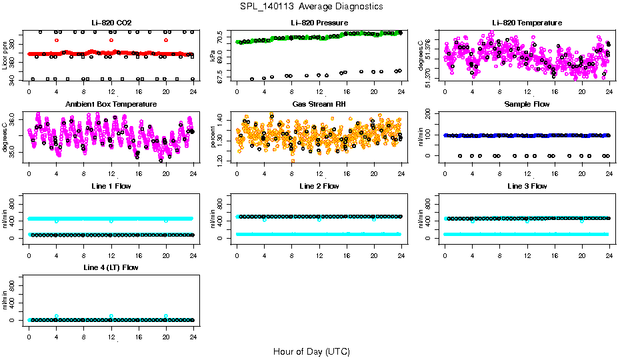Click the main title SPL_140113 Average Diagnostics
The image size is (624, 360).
coord(312,7)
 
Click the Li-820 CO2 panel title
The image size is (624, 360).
coord(111,23)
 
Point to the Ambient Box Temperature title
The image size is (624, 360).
coord(111,105)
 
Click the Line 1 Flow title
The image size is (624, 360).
coord(111,187)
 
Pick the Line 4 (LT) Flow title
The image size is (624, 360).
coord(111,268)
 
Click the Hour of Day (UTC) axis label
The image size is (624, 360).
coord(312,351)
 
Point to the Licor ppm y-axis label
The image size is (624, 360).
coord(5,55)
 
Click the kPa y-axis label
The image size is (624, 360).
coord(213,55)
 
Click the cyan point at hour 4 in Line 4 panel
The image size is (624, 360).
coord(57,316)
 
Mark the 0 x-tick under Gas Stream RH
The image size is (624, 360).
coord(237,175)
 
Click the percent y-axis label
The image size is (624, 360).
coord(213,137)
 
